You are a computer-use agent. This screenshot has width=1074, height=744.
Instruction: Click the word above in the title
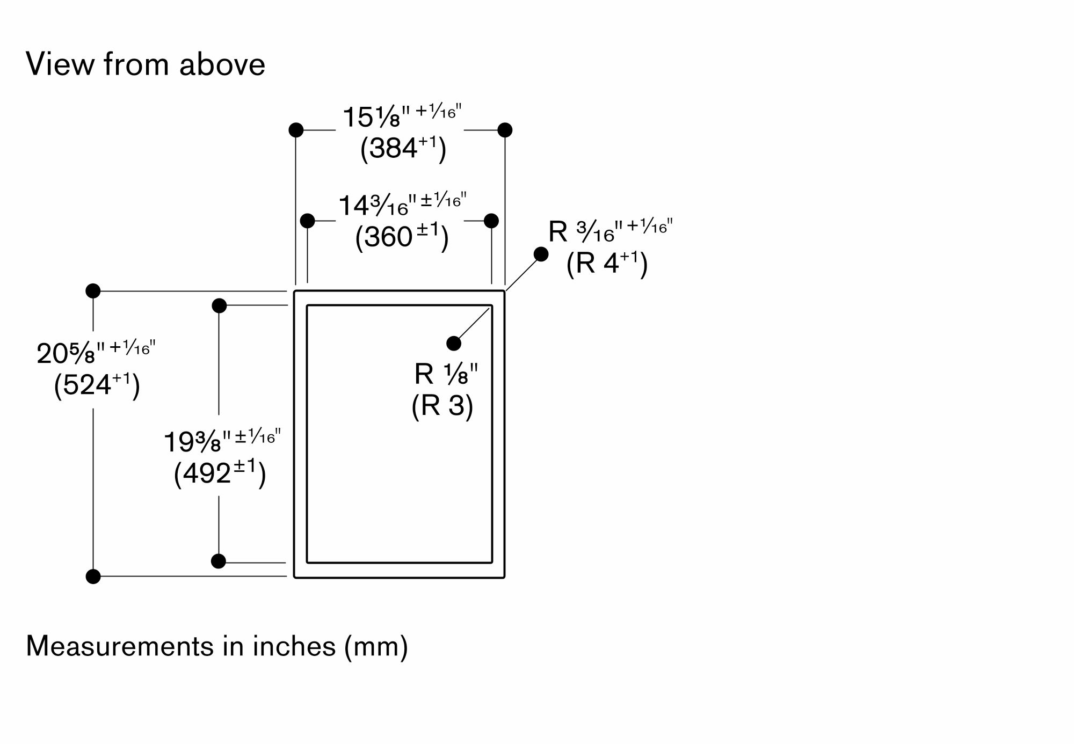pyautogui.click(x=222, y=64)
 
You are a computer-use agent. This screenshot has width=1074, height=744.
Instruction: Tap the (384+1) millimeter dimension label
pyautogui.click(x=403, y=148)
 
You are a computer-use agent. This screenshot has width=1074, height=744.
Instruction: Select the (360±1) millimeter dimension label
pyautogui.click(x=401, y=237)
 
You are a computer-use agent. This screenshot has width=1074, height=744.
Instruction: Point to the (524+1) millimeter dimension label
pyautogui.click(x=97, y=384)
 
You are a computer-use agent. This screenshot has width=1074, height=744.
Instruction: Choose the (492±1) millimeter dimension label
pyautogui.click(x=220, y=473)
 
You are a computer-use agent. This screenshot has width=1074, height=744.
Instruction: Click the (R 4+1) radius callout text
pyautogui.click(x=607, y=264)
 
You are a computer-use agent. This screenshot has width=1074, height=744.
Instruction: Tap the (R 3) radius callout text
pyautogui.click(x=442, y=405)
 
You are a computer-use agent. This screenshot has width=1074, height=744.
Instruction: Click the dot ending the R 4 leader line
pyautogui.click(x=541, y=254)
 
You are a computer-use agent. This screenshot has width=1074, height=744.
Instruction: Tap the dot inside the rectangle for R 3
pyautogui.click(x=454, y=344)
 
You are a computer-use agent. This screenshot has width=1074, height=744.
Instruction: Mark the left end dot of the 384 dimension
pyautogui.click(x=296, y=130)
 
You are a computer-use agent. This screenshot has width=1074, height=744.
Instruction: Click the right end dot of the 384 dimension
pyautogui.click(x=505, y=130)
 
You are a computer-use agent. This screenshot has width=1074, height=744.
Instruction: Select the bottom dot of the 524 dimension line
pyautogui.click(x=93, y=577)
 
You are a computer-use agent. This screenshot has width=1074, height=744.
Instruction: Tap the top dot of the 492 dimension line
pyautogui.click(x=219, y=306)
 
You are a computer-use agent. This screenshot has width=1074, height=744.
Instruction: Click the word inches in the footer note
pyautogui.click(x=294, y=646)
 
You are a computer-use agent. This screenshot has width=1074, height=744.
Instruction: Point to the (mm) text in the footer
pyautogui.click(x=376, y=646)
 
